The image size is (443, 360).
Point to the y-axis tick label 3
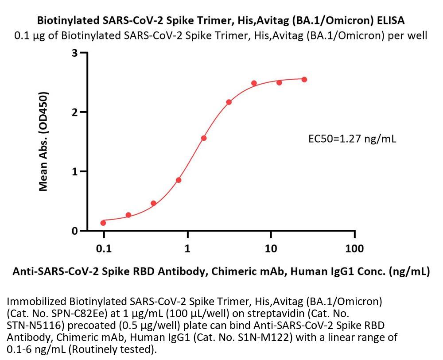point(75,53)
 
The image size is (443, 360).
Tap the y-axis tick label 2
point(75,112)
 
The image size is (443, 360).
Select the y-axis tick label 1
point(75,172)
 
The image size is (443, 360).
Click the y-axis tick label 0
point(75,231)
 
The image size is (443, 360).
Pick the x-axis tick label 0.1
point(104,248)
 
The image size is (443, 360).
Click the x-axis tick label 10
point(271,248)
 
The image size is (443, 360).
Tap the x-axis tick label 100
point(354,248)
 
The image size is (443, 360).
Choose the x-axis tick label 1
point(187,248)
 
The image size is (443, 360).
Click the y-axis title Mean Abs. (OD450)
point(43,142)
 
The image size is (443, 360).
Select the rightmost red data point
point(304,79)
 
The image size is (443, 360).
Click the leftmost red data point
point(103,223)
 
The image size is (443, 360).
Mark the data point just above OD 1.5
point(204,138)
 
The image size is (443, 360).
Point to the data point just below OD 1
point(179,180)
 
